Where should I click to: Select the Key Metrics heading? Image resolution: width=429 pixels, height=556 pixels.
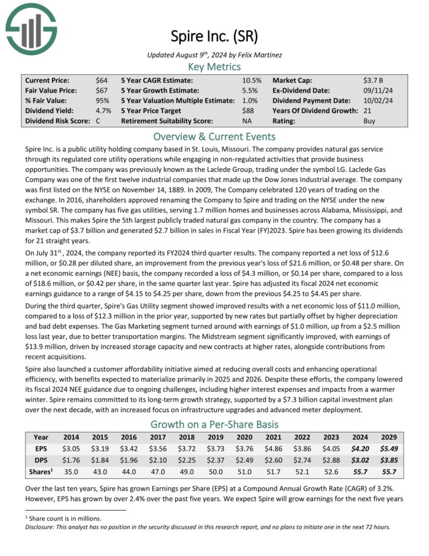click(x=214, y=67)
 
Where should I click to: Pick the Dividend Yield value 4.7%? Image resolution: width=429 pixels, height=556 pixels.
click(x=103, y=111)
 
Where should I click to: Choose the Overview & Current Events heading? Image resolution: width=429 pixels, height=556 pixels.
click(x=214, y=136)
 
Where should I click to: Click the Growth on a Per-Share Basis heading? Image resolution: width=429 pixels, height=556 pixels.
click(x=214, y=424)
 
